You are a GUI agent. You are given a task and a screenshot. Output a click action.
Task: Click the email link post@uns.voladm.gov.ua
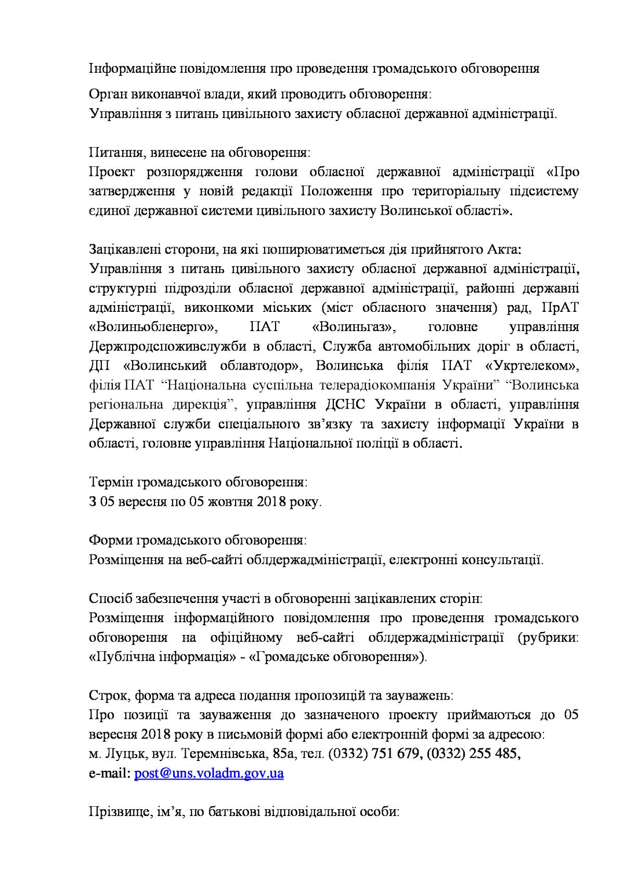(209, 773)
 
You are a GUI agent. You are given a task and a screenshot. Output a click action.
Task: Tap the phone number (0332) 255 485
(473, 754)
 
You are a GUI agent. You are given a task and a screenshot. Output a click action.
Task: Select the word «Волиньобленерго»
(153, 327)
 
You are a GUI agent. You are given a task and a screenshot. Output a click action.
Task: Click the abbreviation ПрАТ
(560, 308)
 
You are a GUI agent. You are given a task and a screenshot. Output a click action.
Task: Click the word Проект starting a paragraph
(111, 172)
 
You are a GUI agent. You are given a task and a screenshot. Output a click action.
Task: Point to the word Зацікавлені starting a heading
(125, 249)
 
